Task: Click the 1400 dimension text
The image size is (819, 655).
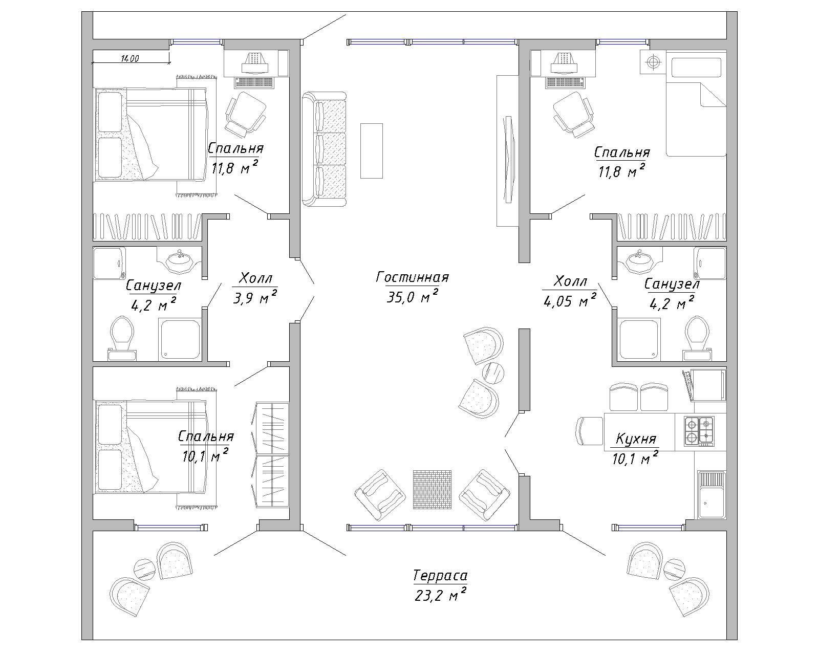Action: click(x=130, y=59)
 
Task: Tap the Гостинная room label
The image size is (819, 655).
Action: click(x=412, y=277)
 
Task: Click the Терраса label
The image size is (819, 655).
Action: click(x=440, y=576)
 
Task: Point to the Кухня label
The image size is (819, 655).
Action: click(x=636, y=439)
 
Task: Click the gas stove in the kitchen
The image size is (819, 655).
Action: click(x=699, y=431)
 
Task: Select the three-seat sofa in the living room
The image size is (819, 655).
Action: click(x=324, y=149)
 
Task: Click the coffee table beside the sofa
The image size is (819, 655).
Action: click(x=372, y=151)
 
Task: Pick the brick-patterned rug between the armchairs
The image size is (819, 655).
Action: click(x=432, y=489)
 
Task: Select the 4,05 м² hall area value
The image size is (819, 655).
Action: click(x=569, y=301)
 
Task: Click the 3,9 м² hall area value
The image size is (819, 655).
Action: click(x=254, y=298)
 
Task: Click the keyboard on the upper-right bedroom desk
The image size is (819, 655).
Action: click(x=565, y=82)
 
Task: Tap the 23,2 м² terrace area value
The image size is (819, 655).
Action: click(x=440, y=595)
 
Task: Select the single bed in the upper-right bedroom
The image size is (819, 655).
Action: click(x=696, y=107)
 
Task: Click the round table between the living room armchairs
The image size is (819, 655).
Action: click(x=493, y=372)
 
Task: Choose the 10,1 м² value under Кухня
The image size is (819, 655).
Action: click(x=635, y=458)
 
